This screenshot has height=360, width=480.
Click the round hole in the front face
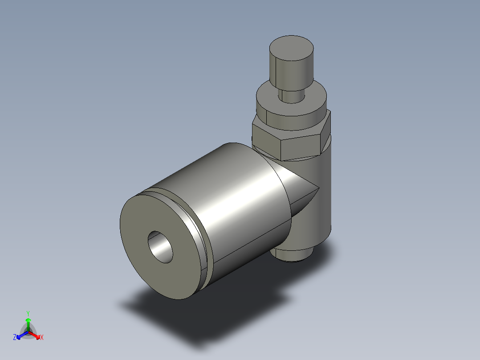[161, 247]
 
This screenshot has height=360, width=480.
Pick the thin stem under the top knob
[292, 96]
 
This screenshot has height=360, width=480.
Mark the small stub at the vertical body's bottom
[292, 256]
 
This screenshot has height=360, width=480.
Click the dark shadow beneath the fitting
[200, 316]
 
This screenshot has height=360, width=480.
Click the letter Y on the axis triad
[28, 313]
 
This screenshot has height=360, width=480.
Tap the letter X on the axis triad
[41, 338]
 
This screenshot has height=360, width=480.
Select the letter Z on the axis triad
[15, 338]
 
